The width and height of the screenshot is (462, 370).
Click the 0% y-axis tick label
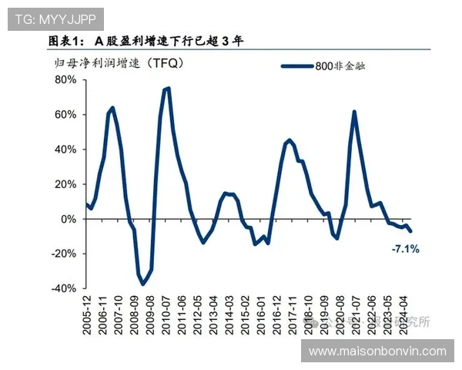68,219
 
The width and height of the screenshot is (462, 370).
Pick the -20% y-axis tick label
63,254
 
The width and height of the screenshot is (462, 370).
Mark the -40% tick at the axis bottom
63,288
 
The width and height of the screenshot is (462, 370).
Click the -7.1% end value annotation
405,249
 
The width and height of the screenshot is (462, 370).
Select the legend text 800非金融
340,66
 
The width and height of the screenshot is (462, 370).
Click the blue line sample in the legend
296,66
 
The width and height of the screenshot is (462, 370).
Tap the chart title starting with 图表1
146,40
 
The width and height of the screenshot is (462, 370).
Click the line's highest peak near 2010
167,89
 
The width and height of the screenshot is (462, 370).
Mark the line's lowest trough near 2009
142,284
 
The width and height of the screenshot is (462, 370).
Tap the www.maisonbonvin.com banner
377,351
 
